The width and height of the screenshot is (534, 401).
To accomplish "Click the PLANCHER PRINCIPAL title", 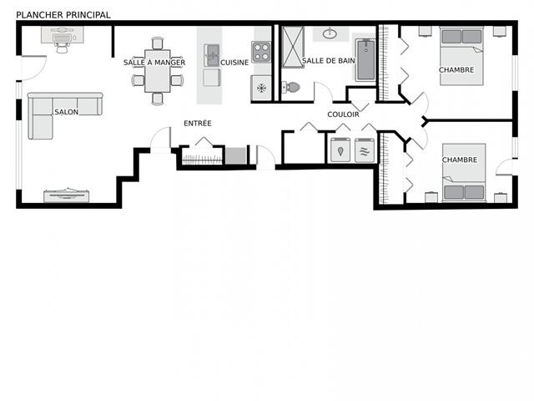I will click(x=63, y=15).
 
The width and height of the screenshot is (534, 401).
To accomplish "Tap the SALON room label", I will click(x=67, y=112).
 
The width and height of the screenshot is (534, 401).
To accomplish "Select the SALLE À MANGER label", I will click(x=154, y=63).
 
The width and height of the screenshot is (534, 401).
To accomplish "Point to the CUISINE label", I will click(x=234, y=63).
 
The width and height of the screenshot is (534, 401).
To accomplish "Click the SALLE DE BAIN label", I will click(x=327, y=62).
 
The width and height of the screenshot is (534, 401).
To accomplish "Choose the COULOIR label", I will click(x=344, y=114).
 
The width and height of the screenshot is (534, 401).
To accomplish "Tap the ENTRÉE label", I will click(x=198, y=124).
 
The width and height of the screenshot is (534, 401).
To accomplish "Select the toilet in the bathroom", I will click(x=291, y=87).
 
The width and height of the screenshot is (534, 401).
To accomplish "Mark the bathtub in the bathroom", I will click(x=365, y=58).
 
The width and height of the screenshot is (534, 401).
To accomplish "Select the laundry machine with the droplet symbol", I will click(x=341, y=150).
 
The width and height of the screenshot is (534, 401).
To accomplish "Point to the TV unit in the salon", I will click(x=66, y=195).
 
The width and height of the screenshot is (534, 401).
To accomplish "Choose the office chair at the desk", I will click(x=63, y=47).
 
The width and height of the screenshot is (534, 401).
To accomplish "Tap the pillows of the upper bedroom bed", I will click(x=461, y=36).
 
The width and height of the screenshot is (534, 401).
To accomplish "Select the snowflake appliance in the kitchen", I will click(x=261, y=87).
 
